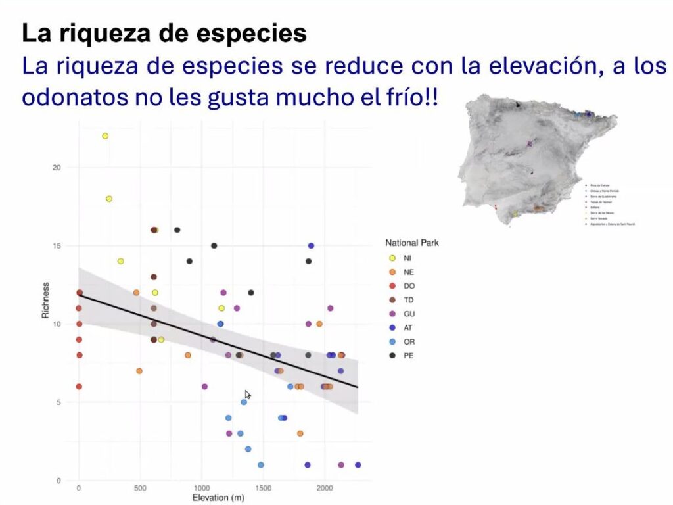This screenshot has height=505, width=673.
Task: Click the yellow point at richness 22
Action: tap(104, 136)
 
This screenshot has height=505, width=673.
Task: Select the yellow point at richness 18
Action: tap(109, 199)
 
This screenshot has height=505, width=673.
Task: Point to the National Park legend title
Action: tap(412, 243)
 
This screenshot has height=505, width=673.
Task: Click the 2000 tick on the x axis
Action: tap(325, 488)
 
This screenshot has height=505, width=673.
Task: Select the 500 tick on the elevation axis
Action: tap(139, 488)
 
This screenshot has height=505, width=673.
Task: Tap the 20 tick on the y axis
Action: tap(57, 168)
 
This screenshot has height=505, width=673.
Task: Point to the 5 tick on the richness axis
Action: tap(59, 402)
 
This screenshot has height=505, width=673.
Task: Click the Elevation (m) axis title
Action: tap(219, 498)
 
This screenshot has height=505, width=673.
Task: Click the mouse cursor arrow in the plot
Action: tap(247, 394)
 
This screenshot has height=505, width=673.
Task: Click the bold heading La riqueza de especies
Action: tap(164, 34)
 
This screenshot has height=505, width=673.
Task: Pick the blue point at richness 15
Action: tap(311, 246)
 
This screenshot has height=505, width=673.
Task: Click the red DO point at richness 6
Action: tap(79, 387)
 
